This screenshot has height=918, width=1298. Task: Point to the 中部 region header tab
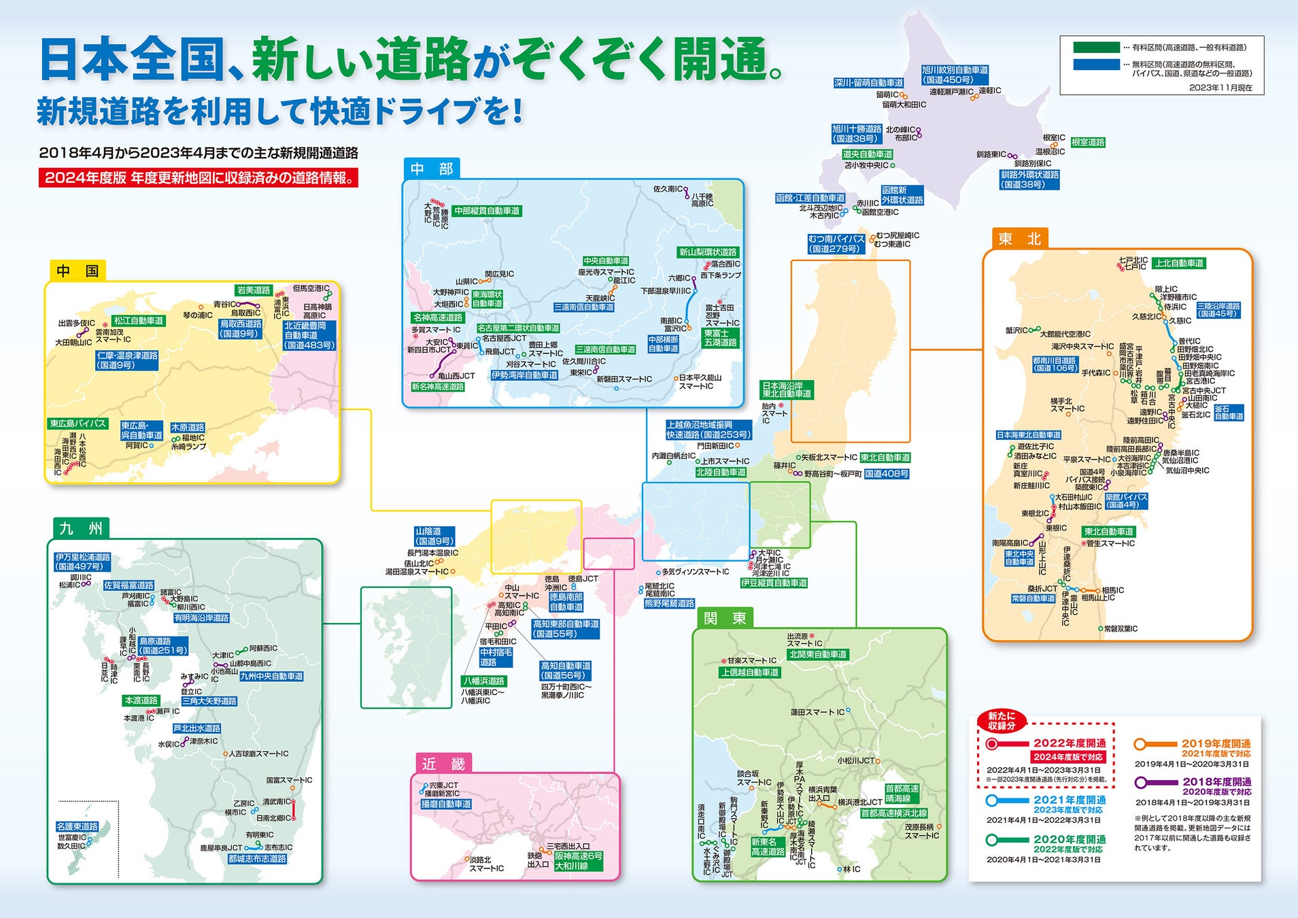(432, 169)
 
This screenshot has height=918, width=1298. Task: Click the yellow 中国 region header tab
(78, 271)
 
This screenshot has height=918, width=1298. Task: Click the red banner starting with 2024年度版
(198, 178)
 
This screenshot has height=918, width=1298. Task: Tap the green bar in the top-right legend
(1096, 48)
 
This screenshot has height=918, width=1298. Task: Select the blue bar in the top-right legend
(1096, 65)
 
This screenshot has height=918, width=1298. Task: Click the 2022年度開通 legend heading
(1070, 743)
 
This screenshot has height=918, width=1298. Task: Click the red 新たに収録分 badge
(1001, 720)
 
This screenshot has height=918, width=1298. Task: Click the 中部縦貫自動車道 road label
(487, 211)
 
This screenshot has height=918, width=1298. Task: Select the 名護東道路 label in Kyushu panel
(77, 826)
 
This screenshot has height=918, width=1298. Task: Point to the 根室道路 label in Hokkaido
(1088, 142)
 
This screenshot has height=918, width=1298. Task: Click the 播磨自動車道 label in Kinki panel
(446, 804)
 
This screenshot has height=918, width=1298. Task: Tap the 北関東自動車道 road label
(818, 654)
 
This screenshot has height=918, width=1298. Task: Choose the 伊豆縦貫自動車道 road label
(774, 583)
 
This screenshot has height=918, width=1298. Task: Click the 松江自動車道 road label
(139, 320)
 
